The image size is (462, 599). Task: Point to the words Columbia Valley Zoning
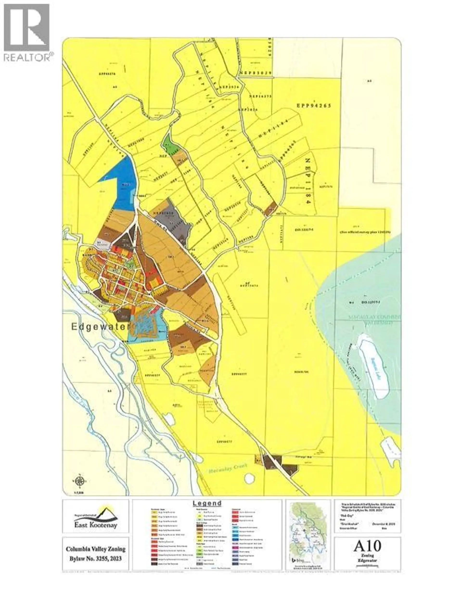[x=96, y=549]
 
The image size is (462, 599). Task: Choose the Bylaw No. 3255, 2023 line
[x=96, y=558]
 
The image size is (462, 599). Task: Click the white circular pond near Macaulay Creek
[x=249, y=478]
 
